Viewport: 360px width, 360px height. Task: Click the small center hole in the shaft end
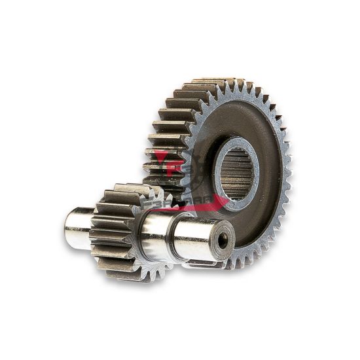coord(223,242)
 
